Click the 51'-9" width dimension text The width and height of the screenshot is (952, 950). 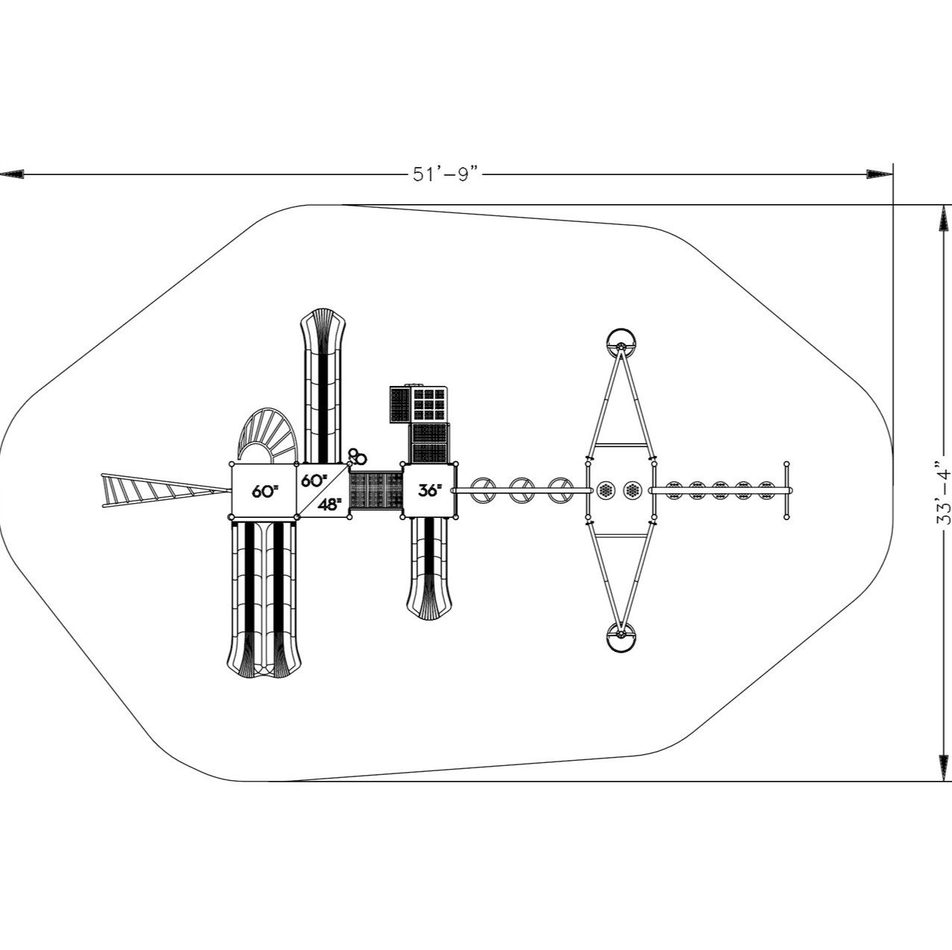[x=444, y=174]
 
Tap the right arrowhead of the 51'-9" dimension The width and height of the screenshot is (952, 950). [x=880, y=174]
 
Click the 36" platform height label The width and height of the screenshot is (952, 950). [x=429, y=490]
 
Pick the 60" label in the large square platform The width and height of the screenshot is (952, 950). [x=265, y=491]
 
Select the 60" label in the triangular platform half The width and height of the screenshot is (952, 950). [x=314, y=480]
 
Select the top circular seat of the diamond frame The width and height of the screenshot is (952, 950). [x=620, y=343]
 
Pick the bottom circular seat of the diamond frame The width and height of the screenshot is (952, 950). [x=620, y=637]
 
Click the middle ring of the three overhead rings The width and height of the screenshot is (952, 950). [x=523, y=490]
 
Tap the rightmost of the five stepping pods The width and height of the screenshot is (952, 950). [x=766, y=490]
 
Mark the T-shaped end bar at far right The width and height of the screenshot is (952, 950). [x=786, y=490]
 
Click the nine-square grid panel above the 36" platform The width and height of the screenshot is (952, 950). [x=429, y=404]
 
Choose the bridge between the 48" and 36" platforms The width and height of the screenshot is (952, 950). [x=376, y=490]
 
